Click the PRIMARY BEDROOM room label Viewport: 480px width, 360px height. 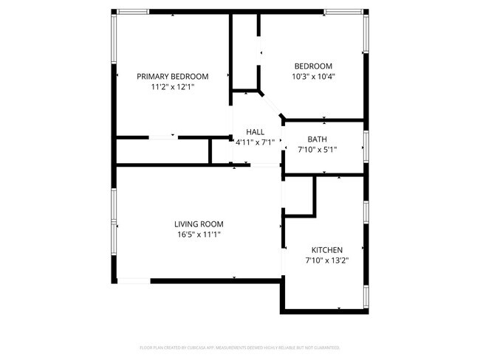pos(172,76)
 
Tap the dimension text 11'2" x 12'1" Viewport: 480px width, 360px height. pos(172,86)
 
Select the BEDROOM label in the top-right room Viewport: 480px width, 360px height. pos(313,66)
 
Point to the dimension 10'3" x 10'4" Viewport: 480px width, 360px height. pos(313,76)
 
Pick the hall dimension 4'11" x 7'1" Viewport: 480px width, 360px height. pos(255,142)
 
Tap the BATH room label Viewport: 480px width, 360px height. pos(318,139)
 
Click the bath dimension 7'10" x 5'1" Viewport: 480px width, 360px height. pos(318,149)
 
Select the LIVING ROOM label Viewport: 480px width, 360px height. pos(199,224)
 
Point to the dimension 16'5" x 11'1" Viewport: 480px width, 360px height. pos(199,235)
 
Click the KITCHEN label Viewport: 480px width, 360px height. pos(326,250)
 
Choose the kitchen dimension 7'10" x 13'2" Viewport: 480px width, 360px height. pos(326,260)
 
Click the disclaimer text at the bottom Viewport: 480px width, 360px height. pos(240,347)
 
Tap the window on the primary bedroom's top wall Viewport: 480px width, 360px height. pos(133,11)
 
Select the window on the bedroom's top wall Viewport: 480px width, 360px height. pos(344,11)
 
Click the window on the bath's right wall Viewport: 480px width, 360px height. pos(365,147)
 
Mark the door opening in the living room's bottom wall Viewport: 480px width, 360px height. pos(134,280)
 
